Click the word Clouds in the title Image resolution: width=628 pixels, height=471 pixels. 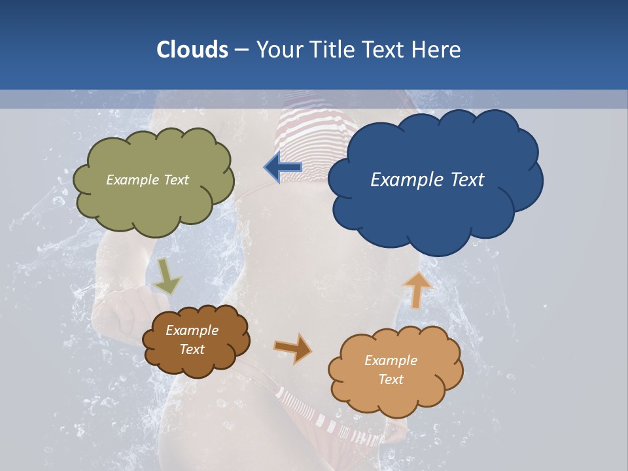point(192,50)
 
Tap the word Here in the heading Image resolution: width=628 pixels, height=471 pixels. point(438,50)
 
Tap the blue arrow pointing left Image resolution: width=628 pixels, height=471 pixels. point(283,167)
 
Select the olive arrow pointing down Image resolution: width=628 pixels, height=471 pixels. point(167,276)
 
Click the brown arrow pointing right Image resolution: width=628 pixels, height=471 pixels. point(292,348)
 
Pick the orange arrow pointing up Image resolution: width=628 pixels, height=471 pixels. point(417,289)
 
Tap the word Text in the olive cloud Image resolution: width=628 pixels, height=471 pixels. point(175,180)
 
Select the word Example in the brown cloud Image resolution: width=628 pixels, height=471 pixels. point(192,330)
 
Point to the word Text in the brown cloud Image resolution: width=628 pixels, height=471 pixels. point(192,349)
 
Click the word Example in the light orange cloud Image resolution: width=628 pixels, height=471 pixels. point(391,360)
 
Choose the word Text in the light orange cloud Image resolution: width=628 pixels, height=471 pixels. point(391,379)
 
